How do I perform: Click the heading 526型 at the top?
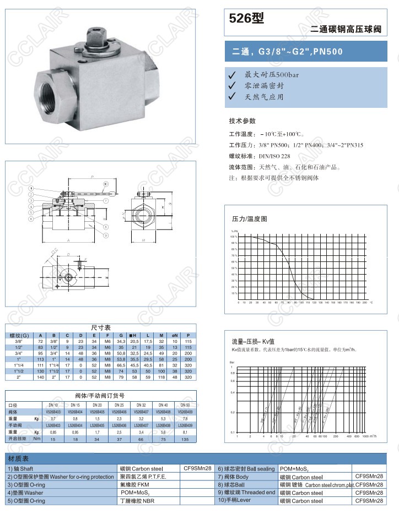tap(247, 19)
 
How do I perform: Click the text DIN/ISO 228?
tap(274, 156)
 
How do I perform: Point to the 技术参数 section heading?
tap(242, 121)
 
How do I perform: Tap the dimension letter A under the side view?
tap(68, 240)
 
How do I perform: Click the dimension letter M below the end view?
tap(142, 240)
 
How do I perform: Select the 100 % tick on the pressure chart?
tap(234, 236)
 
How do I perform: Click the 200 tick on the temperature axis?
tap(365, 302)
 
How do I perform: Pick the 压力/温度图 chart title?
tap(249, 218)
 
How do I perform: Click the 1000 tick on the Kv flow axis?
tap(367, 436)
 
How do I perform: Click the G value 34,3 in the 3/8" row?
tap(121, 341)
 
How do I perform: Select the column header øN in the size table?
tap(175, 335)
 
